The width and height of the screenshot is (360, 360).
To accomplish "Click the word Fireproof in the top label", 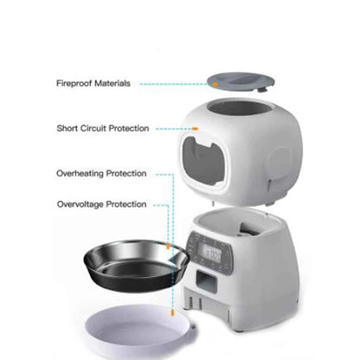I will (76, 83).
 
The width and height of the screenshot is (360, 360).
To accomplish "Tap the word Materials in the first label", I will (112, 83).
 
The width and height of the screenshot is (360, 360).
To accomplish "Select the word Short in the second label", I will (69, 128).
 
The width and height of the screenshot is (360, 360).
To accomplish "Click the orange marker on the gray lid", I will (211, 84).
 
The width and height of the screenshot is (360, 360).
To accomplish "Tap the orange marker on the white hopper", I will (196, 129).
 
